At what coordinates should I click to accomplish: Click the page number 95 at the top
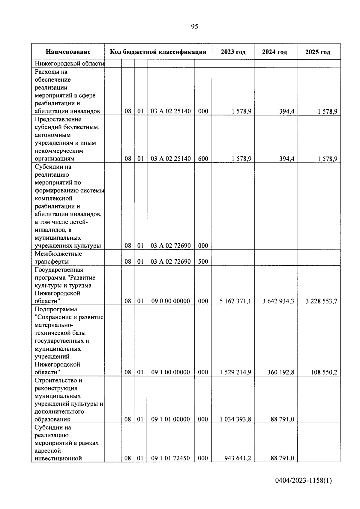point(194,27)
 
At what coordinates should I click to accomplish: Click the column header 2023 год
point(233,52)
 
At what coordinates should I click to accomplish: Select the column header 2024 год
point(274,52)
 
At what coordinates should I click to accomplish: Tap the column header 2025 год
point(318,52)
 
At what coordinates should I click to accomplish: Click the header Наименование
point(68,52)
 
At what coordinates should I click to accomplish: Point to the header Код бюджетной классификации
point(158,52)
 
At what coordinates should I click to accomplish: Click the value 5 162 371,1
point(235,301)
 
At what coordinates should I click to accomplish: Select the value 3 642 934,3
point(278,301)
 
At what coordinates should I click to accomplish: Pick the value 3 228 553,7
point(321,301)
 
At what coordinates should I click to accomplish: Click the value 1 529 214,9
point(235,372)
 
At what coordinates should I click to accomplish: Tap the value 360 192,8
point(280,372)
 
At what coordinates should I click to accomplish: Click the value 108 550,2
point(323,372)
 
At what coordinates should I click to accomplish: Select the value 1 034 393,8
point(235,419)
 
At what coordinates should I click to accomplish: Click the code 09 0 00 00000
point(170,301)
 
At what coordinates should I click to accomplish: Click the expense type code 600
point(203,159)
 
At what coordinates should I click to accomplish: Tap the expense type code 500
point(203,262)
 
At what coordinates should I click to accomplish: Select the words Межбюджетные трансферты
point(58,258)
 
